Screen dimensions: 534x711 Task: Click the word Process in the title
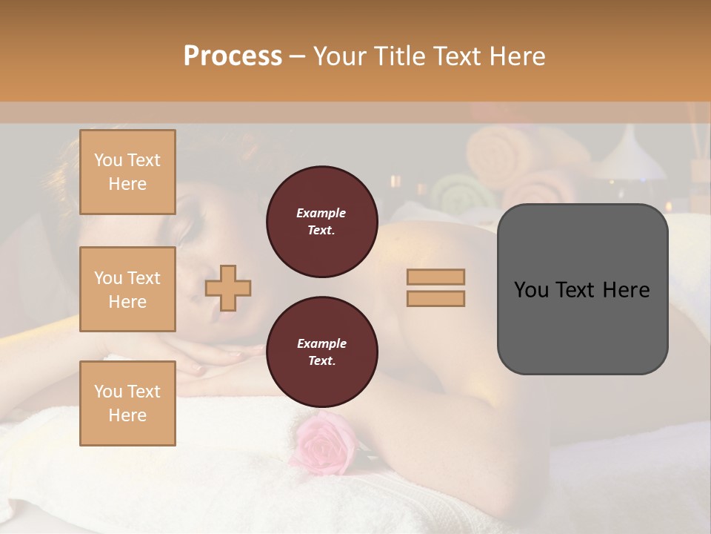pos(233,56)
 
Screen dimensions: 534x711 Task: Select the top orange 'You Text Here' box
pos(127,172)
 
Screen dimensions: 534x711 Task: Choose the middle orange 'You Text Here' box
pos(127,289)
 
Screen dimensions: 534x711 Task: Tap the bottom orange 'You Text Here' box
pos(127,403)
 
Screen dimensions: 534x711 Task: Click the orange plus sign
pos(228,288)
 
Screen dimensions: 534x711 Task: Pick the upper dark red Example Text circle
pos(321,222)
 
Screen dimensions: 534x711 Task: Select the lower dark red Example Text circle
pos(321,352)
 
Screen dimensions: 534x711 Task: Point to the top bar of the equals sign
pos(435,277)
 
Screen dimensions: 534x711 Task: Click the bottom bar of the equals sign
pos(435,298)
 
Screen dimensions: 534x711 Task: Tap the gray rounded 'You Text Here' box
pos(582,289)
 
